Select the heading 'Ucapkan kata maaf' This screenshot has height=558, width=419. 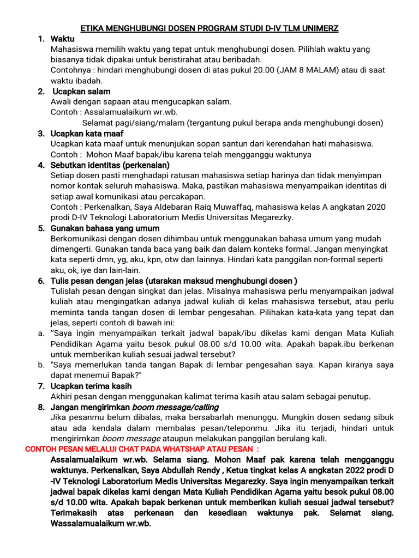(87, 134)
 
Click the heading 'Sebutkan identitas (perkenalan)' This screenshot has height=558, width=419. (110, 165)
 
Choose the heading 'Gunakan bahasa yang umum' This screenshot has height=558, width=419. (105, 228)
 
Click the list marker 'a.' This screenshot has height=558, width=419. (41, 333)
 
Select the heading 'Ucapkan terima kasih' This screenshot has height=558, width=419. (91, 386)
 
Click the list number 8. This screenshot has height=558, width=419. (41, 407)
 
